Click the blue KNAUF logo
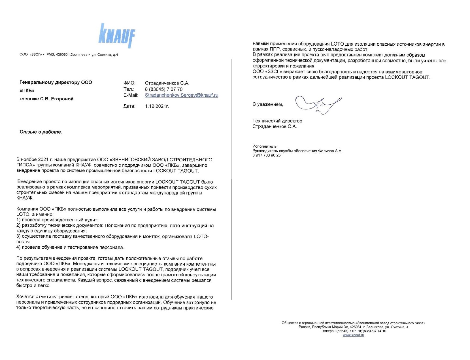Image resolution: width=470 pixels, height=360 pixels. coord(117,35)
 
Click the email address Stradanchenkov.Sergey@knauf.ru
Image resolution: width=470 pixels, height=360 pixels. coord(181,95)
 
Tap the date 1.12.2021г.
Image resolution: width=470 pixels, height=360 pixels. coord(157,106)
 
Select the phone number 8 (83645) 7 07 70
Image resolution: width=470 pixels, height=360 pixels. coord(164,89)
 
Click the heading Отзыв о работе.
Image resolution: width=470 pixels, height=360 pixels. coord(41,132)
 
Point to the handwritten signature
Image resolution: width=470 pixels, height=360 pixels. coord(318,104)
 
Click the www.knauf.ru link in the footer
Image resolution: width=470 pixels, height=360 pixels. coord(353,335)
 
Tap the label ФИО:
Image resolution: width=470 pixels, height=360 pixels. coord(129,83)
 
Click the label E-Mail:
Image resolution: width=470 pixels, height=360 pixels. coord(131,95)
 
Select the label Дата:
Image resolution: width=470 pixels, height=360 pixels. coord(129,106)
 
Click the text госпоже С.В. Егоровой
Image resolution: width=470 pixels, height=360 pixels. coord(46,99)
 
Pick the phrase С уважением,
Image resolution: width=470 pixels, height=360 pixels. coord(268,104)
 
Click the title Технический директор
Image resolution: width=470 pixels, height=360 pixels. coord(277,121)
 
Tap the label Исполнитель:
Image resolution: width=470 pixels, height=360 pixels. coord(265,146)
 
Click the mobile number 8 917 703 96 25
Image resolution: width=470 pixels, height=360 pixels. coord(267,155)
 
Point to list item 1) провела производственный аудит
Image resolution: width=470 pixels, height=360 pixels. coord(58,220)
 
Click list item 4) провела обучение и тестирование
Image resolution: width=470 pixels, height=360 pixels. coord(70,247)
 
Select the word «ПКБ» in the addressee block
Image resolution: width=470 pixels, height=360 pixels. coord(27,91)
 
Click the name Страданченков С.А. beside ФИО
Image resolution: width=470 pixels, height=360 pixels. coord(167,83)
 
